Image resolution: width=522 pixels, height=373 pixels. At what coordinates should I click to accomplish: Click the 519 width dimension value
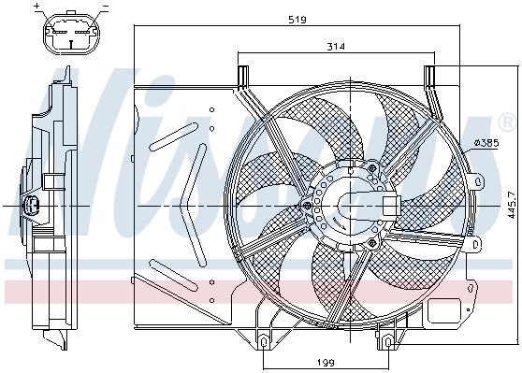pos(297,20)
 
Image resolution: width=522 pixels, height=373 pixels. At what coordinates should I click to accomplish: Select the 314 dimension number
pos(336,47)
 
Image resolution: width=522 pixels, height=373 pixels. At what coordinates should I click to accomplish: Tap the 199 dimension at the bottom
pos(326,363)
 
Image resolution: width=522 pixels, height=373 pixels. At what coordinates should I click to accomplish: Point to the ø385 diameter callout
pos(486,143)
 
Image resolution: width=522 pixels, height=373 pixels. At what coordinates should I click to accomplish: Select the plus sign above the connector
pos(37,6)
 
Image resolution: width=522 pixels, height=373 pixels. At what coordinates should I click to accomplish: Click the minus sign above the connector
pos(106,6)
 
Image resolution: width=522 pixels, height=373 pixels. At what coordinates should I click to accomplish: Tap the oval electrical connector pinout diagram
pos(71,35)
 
